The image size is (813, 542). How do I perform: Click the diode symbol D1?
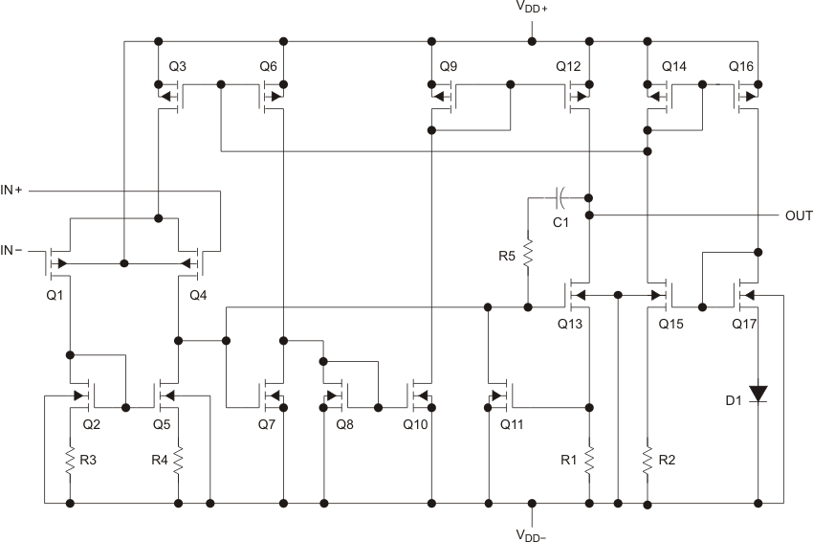click(758, 393)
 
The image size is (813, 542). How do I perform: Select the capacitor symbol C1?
click(560, 196)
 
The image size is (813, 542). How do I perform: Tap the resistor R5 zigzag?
click(527, 255)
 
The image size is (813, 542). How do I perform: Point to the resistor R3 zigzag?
click(70, 462)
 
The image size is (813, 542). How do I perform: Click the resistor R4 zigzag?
click(179, 462)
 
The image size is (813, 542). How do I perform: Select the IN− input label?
click(16, 250)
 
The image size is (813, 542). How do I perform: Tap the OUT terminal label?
click(799, 215)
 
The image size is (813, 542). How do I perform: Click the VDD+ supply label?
click(531, 9)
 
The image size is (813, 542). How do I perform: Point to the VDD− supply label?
click(531, 532)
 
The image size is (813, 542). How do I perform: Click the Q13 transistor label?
click(570, 323)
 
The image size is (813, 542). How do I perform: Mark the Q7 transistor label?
click(270, 422)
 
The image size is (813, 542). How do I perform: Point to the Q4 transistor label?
click(198, 293)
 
